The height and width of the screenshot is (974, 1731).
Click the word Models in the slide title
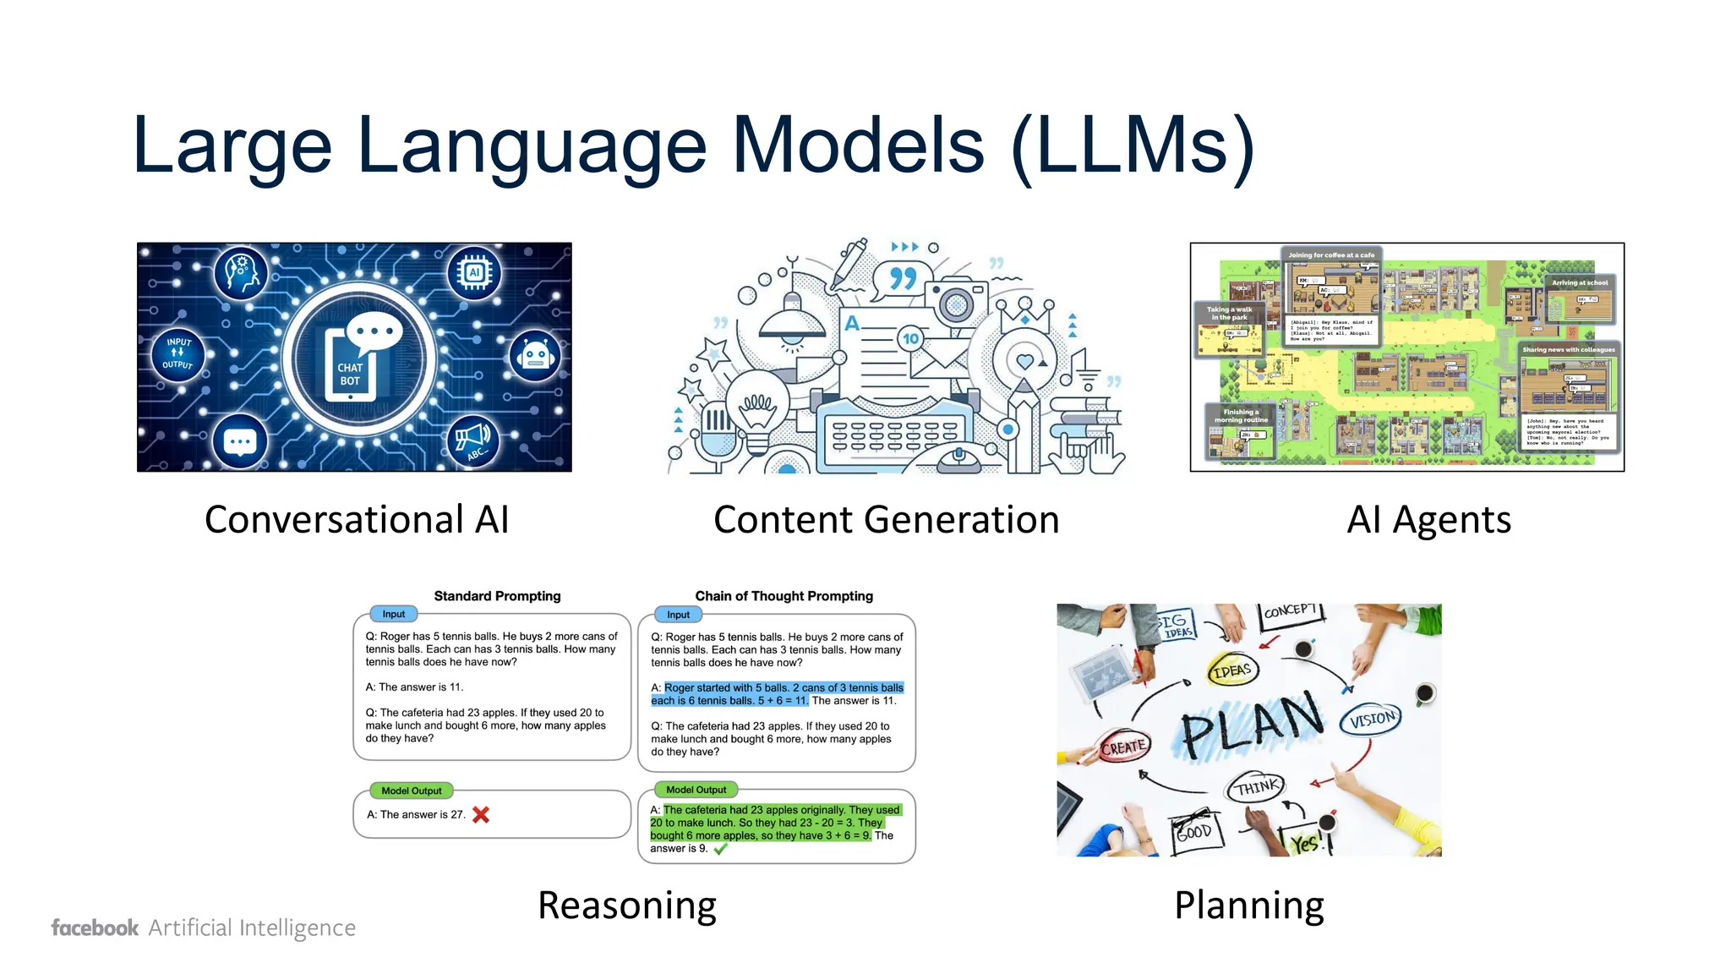[x=859, y=145]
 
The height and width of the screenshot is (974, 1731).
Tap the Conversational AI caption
[x=357, y=519]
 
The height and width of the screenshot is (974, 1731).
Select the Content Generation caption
[x=886, y=519]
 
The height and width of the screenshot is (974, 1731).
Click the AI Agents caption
[x=1428, y=519]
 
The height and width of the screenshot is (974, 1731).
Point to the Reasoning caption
[x=627, y=906]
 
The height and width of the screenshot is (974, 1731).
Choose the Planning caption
[x=1248, y=906]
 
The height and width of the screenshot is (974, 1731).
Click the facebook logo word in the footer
[x=95, y=927]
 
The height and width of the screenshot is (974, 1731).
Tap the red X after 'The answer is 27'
[x=481, y=815]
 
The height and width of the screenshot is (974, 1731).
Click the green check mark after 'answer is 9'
[x=721, y=849]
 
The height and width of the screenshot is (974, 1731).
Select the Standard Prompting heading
[x=497, y=596]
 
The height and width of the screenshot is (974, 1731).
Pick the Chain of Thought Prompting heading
[x=784, y=596]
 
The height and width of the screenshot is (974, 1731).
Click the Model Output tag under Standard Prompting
[x=412, y=791]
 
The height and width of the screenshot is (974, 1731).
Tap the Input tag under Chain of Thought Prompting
[x=678, y=615]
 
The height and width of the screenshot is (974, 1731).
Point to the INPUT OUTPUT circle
[x=177, y=353]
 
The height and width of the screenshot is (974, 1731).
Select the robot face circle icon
[x=535, y=356]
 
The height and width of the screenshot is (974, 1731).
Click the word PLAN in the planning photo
[x=1251, y=725]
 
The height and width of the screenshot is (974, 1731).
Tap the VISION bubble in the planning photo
[x=1372, y=720]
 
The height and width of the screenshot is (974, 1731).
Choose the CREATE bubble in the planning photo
[x=1123, y=747]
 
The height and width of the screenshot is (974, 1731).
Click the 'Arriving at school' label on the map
[x=1579, y=283]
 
